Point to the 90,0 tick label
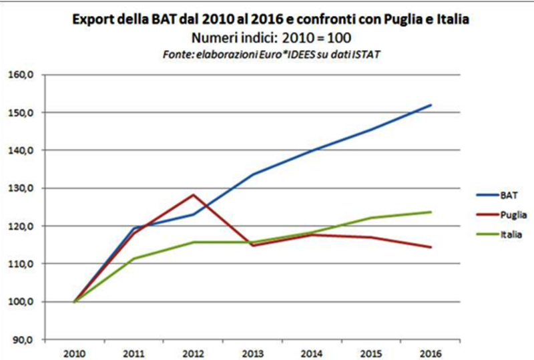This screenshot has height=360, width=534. (22, 339)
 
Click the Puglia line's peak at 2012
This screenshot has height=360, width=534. (194, 195)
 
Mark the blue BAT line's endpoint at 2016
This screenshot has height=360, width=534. (431, 105)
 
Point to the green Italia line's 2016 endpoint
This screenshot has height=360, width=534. (431, 212)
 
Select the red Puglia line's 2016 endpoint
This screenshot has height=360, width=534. (431, 247)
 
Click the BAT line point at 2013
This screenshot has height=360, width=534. (253, 174)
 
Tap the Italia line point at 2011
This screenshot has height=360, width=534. (134, 258)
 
